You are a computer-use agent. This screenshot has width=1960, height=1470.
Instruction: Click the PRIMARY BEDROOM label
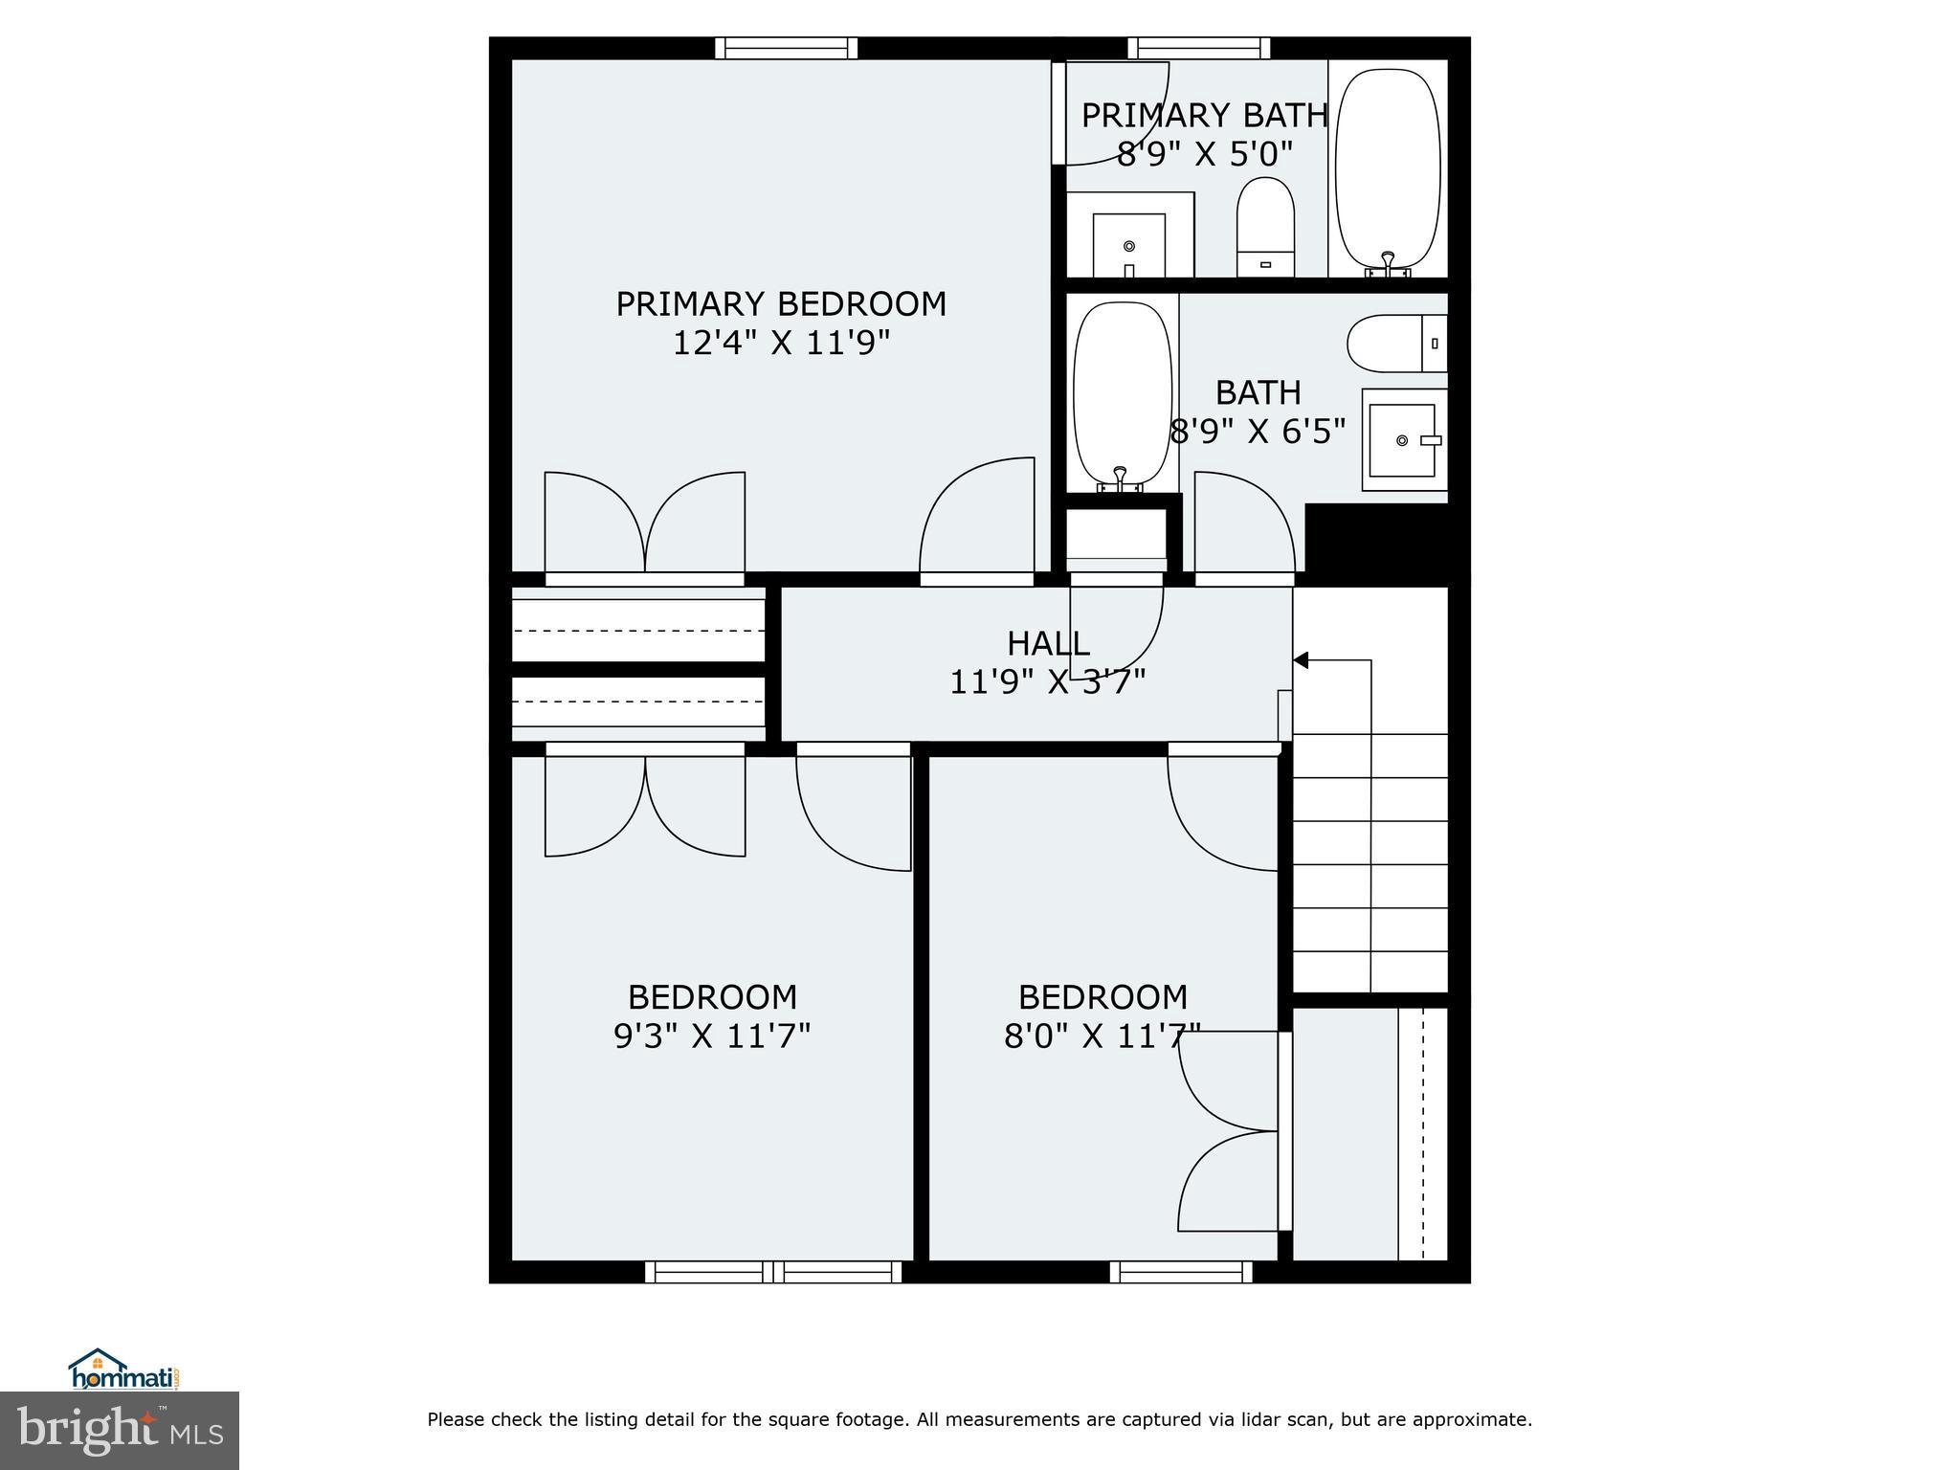coord(781,304)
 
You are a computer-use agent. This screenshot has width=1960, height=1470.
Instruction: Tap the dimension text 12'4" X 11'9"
coord(781,343)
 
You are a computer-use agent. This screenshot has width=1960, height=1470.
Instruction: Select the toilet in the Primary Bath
coord(1265,228)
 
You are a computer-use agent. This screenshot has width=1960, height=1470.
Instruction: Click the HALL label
coord(1048,642)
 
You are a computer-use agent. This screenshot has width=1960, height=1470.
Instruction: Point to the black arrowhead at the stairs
coord(1301,660)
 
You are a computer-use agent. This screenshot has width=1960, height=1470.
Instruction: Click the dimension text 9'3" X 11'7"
coord(712,1036)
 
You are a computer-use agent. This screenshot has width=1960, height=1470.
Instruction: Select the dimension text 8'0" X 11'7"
coord(1102,1036)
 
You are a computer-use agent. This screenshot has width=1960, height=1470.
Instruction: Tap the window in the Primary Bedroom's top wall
coord(786,48)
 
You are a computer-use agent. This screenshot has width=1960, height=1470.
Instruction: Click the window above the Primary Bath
coord(1198,48)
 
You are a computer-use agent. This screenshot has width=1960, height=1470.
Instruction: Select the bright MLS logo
coord(120,1431)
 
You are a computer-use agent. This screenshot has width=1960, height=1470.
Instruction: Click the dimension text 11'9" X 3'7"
coord(1048,681)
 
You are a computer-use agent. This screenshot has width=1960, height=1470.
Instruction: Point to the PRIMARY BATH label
coord(1205,116)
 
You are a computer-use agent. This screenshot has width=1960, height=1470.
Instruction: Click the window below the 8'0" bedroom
coord(1181,1271)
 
